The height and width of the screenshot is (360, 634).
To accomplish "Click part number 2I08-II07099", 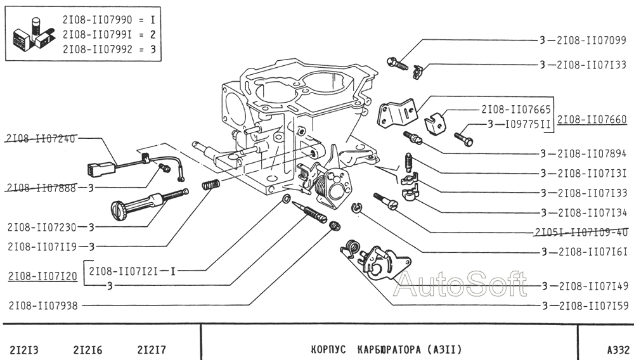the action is click(592, 41).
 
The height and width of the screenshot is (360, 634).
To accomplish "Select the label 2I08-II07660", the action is click(592, 120).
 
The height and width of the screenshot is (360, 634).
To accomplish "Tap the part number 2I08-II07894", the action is click(592, 154).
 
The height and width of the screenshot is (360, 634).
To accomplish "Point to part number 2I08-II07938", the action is click(43, 306).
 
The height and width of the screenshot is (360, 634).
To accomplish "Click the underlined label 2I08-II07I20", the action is click(43, 276).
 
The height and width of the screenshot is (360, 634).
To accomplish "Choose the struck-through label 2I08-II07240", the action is click(42, 139).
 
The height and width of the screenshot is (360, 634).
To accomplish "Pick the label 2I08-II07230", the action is click(42, 228).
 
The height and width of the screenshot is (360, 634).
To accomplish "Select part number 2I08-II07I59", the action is click(594, 306).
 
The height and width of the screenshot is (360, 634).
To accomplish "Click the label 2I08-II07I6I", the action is click(593, 252).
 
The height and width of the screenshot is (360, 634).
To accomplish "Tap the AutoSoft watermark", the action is click(461, 284).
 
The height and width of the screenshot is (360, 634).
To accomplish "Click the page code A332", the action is click(618, 349).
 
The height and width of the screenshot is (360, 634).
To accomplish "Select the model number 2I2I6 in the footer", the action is click(87, 350).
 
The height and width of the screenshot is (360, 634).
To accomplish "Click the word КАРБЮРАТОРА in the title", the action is click(386, 349).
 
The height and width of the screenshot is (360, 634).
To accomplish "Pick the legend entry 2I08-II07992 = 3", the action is click(109, 49).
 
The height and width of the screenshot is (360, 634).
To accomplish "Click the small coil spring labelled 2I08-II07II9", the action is click(211, 184).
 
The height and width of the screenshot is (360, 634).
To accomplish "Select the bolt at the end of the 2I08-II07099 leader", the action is click(398, 63).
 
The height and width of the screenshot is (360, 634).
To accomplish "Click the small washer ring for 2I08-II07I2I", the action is click(286, 198).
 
